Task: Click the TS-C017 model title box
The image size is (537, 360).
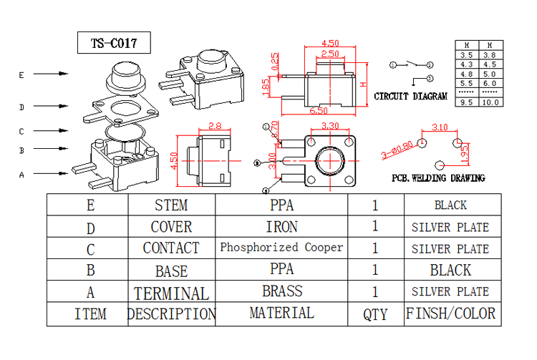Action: click(115, 43)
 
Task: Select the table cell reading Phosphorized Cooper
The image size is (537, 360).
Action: click(281, 248)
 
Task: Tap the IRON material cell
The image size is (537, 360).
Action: click(281, 227)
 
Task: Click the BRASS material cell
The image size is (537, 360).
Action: click(281, 291)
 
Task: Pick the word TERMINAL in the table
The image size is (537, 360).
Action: click(171, 293)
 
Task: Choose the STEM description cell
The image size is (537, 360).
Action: click(171, 205)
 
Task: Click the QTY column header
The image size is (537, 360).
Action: click(375, 313)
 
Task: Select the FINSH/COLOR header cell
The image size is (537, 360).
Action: click(450, 313)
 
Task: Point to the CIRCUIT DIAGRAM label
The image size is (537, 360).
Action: click(411, 96)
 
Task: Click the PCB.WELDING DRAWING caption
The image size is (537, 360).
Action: click(438, 178)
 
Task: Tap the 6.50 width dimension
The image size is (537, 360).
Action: click(319, 111)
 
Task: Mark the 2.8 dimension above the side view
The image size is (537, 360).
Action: click(215, 127)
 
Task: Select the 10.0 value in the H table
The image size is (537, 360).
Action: click(490, 102)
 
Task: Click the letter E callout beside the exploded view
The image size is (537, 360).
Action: click(22, 74)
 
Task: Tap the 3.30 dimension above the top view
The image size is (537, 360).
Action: click(330, 126)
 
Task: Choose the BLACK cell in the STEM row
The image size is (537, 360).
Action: click(450, 205)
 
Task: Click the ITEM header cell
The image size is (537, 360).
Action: click(90, 313)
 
